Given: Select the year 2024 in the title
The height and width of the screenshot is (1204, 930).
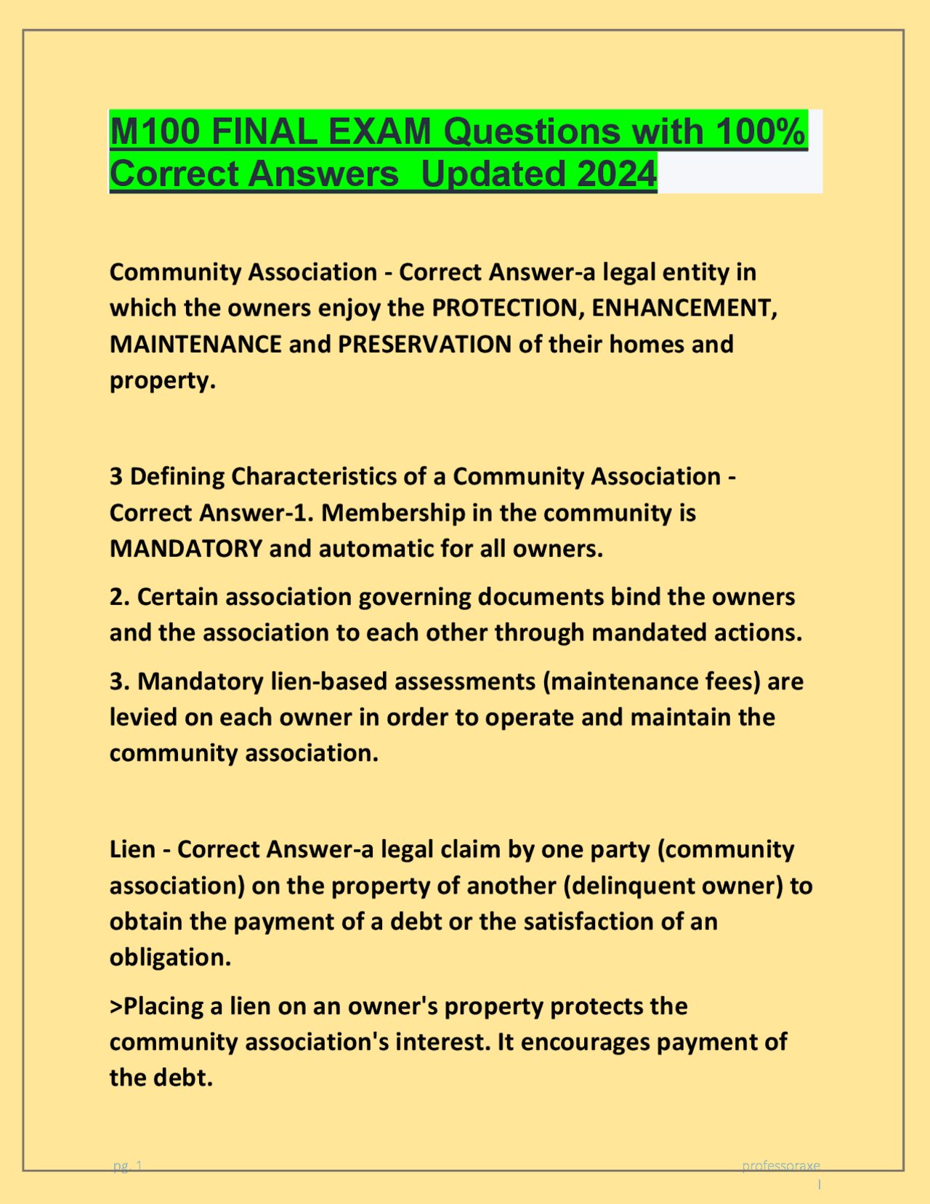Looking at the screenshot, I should click(617, 174).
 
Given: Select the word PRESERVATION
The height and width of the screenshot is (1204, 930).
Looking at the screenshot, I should click(425, 344).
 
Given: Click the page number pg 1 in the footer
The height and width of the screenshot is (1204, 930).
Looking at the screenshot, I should click(128, 1167).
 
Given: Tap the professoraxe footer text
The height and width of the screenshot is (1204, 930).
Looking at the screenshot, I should click(780, 1166).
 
